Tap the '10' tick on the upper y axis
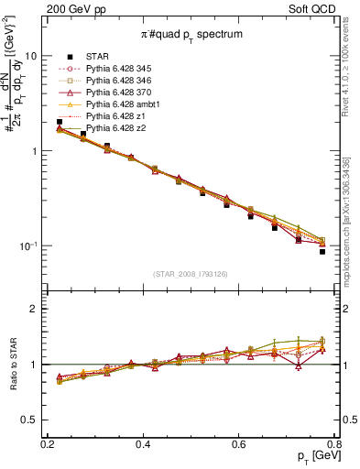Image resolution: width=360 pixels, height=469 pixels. coord(32,56)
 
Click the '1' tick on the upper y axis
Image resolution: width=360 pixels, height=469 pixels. coord(36,151)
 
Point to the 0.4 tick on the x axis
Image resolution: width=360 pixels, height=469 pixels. coord(143,443)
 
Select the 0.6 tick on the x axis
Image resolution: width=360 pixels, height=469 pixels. coord(238,443)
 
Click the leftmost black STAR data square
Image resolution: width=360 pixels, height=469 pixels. coord(60,122)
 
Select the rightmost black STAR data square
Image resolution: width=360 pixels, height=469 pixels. coord(322,251)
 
